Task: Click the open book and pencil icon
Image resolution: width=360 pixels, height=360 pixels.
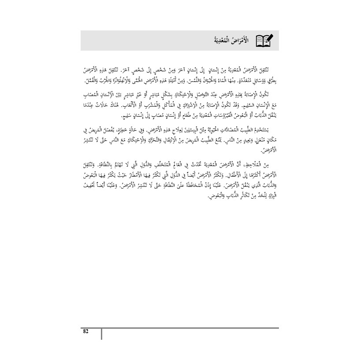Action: click(264, 41)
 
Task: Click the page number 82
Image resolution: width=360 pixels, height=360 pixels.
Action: click(86, 332)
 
